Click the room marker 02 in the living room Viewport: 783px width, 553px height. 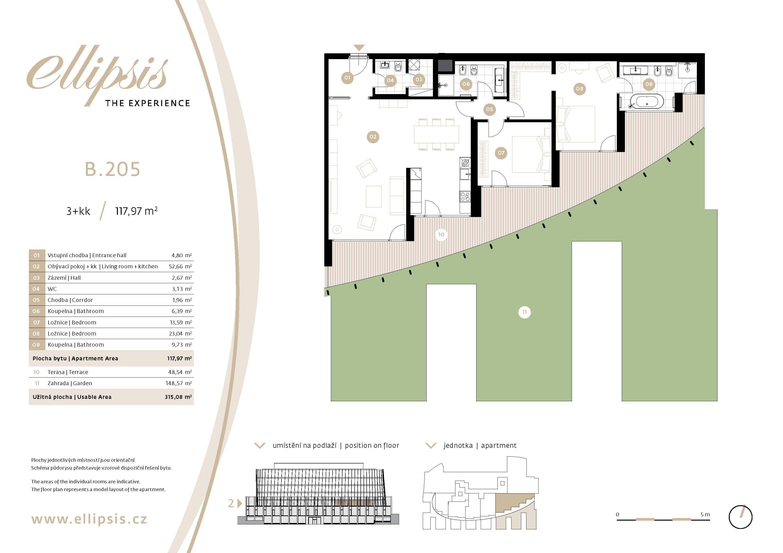[x=373, y=137]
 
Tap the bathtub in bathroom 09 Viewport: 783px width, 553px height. [x=647, y=102]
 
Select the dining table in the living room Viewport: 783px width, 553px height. [x=436, y=135]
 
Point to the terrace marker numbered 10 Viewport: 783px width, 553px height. [x=441, y=235]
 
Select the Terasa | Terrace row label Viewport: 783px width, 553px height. [x=68, y=372]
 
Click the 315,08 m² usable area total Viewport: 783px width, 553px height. [x=178, y=397]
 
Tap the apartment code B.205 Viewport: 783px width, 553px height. [x=112, y=169]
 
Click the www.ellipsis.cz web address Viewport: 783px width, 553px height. [x=89, y=519]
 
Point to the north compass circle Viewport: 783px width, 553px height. [x=740, y=517]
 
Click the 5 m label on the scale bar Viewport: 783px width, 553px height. [x=705, y=514]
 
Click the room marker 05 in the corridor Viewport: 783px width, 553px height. [x=489, y=109]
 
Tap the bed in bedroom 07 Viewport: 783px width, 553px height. [x=532, y=154]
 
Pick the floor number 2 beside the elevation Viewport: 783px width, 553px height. [x=231, y=503]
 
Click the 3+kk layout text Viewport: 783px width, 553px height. [x=78, y=211]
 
